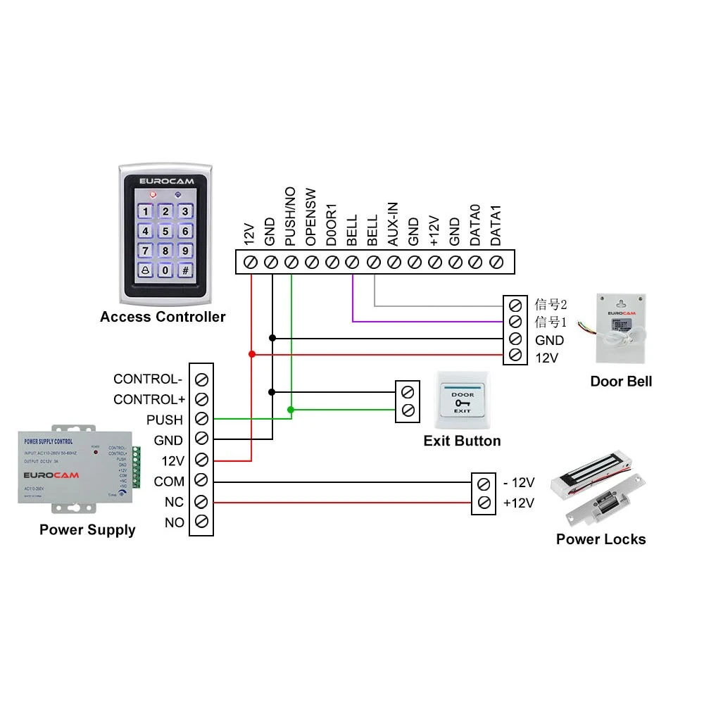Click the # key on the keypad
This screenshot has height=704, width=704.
pyautogui.click(x=185, y=270)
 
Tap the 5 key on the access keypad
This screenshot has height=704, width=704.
pyautogui.click(x=165, y=231)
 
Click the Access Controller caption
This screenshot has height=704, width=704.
pyautogui.click(x=163, y=317)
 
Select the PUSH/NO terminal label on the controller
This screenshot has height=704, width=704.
pyautogui.click(x=290, y=225)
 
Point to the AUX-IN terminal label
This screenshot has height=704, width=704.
pyautogui.click(x=393, y=224)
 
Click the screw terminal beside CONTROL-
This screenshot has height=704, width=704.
pyautogui.click(x=201, y=379)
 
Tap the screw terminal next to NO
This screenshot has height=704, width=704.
pyautogui.click(x=201, y=522)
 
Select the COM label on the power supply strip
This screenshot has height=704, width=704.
pyautogui.click(x=169, y=482)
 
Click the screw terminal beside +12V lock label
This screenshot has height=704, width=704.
pyautogui.click(x=484, y=503)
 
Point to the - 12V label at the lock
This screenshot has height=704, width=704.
pyautogui.click(x=518, y=483)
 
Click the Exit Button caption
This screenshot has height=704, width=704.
pyautogui.click(x=462, y=441)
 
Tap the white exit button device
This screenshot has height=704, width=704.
pyautogui.click(x=463, y=401)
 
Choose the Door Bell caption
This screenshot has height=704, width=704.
pyautogui.click(x=621, y=382)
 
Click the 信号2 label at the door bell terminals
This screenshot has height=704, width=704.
pyautogui.click(x=551, y=305)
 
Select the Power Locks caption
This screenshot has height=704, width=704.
pyautogui.click(x=601, y=539)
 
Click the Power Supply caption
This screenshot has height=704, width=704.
pyautogui.click(x=87, y=529)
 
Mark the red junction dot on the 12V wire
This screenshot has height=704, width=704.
pyautogui.click(x=251, y=353)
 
